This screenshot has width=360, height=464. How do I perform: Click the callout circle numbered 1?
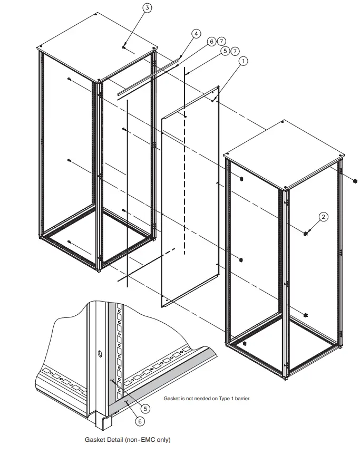(x=243, y=61)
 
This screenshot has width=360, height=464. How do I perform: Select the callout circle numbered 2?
(x=324, y=216)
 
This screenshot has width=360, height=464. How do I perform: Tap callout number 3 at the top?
(x=147, y=8)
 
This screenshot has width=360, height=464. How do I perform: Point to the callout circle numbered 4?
(x=196, y=33)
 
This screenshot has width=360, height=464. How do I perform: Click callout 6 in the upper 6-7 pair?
(x=211, y=41)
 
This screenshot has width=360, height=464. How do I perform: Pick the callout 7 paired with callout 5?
(x=235, y=51)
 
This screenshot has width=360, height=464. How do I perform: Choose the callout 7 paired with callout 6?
(x=221, y=41)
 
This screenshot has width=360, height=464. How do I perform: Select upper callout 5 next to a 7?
(x=226, y=51)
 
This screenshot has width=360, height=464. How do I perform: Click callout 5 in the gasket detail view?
(x=145, y=408)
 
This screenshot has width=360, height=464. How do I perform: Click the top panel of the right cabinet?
(x=285, y=154)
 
